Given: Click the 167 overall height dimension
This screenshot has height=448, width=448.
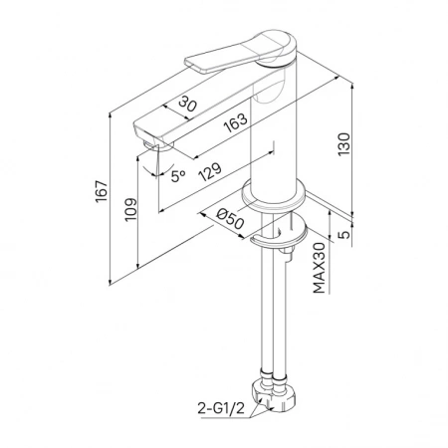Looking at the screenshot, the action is tap(102, 192).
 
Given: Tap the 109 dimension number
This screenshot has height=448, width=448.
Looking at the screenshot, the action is tap(130, 209).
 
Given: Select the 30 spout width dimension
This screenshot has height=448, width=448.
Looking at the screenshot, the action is tap(187, 104).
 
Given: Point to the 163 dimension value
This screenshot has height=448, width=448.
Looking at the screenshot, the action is tap(235, 122).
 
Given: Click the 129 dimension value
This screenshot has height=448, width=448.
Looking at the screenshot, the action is tap(209, 171).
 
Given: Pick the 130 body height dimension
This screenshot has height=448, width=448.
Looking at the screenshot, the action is tap(343, 144).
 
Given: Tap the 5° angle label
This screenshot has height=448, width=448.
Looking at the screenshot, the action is tap(178, 176).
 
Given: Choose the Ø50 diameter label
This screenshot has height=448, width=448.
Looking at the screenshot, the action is tap(230, 218).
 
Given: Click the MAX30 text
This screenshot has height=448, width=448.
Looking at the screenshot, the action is tap(319, 268).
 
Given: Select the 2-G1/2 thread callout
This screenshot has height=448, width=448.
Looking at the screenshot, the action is tap(221, 408).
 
